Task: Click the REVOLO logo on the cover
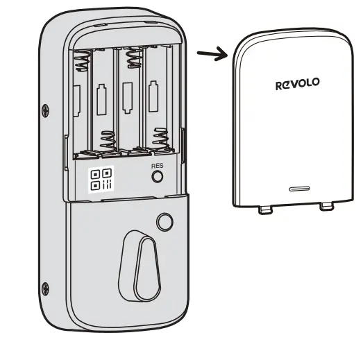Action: click(x=297, y=83)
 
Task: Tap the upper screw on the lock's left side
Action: click(x=46, y=109)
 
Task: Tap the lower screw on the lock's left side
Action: click(x=46, y=285)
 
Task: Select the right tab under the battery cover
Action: click(x=326, y=207)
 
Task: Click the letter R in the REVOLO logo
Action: click(x=279, y=85)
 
